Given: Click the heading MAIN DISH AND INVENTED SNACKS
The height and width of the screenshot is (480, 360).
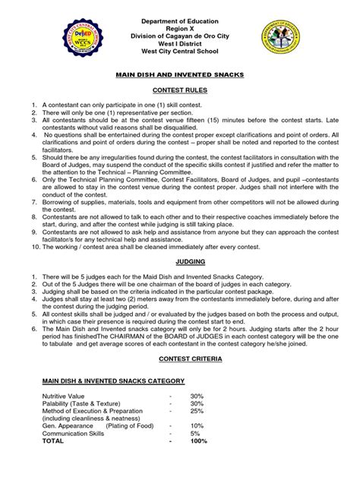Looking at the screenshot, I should [180, 75].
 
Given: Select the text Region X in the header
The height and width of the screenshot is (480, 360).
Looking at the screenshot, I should [179, 24].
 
